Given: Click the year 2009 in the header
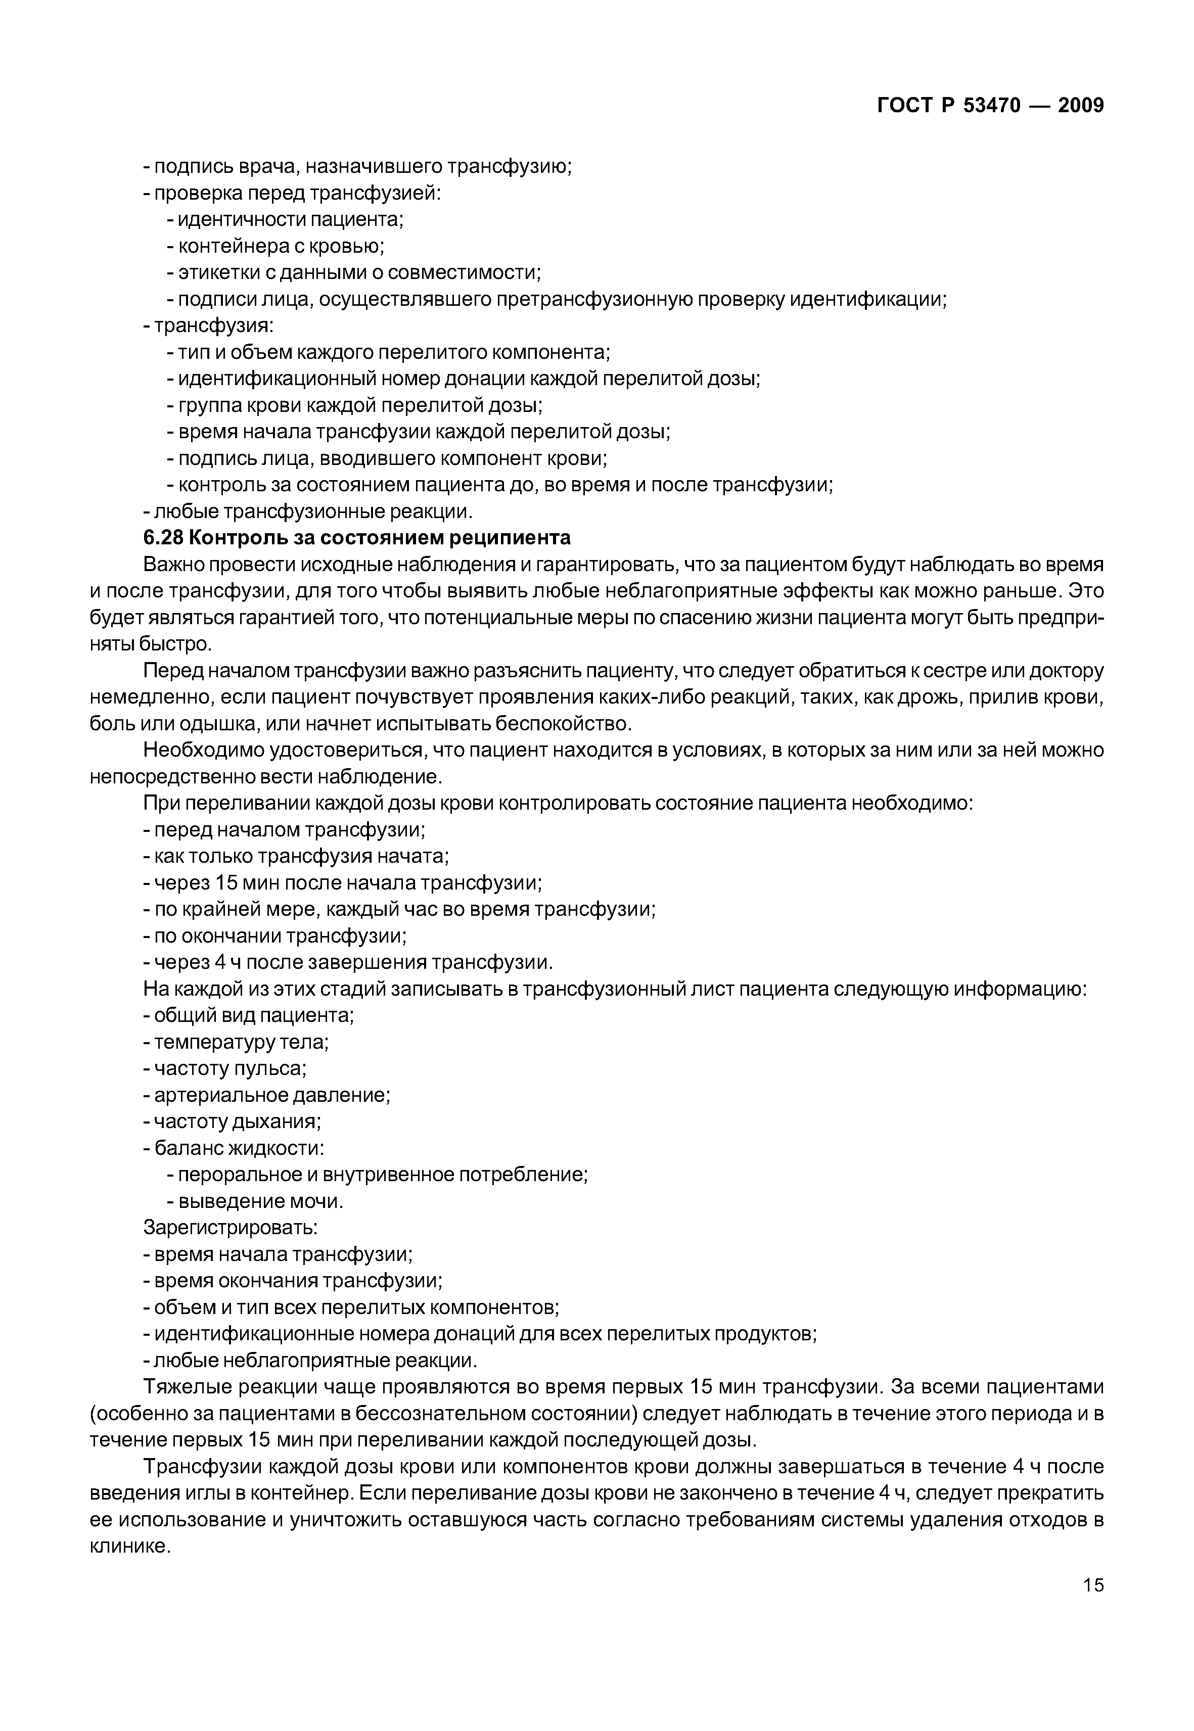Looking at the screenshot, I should pyautogui.click(x=1080, y=106).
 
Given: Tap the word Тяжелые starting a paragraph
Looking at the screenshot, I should pyautogui.click(x=187, y=1387).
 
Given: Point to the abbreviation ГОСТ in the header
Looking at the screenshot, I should pyautogui.click(x=904, y=106).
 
